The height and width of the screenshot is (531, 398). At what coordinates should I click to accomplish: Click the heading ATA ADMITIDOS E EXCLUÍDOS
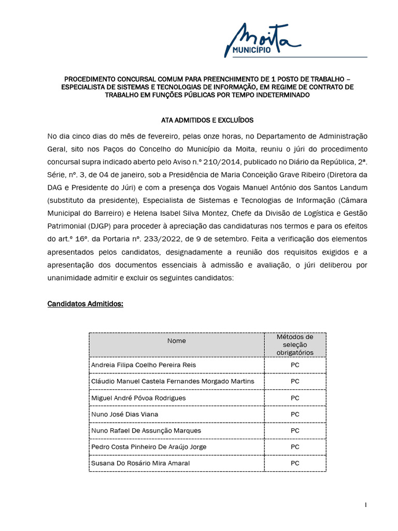coord(207,120)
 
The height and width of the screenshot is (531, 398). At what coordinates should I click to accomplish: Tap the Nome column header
coord(176,341)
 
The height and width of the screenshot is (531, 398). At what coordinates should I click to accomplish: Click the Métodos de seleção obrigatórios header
coord(295,344)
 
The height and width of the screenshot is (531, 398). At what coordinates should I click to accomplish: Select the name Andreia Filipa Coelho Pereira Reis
coord(144,365)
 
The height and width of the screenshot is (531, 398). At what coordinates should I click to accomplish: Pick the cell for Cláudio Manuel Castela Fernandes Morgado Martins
coord(173,381)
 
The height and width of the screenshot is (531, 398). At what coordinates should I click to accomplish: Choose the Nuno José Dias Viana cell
coord(124,414)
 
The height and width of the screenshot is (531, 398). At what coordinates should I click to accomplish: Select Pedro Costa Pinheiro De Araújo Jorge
coord(141,446)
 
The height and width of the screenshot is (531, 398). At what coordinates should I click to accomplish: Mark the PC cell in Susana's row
coord(295,463)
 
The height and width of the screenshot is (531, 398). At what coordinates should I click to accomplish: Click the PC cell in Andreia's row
coord(295,365)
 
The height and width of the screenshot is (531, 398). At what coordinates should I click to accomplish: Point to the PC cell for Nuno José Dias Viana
coord(295,414)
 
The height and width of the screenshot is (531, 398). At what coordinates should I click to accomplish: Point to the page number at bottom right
coord(365,505)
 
